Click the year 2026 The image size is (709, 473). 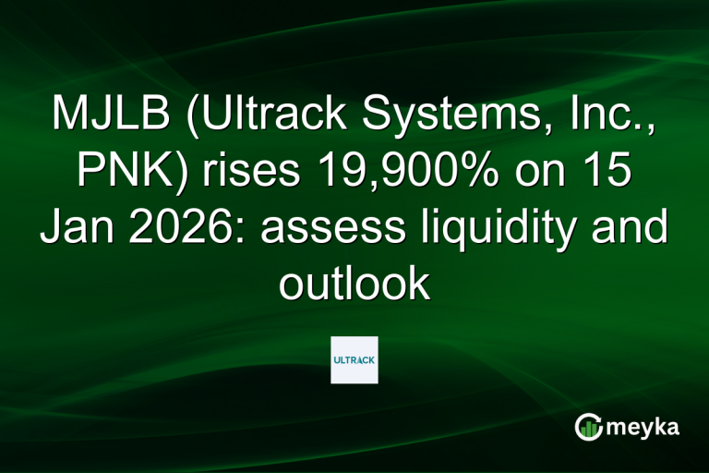point(186,227)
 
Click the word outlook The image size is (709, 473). point(354,283)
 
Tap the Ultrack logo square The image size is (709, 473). point(354,359)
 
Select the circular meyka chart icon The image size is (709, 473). point(589,426)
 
